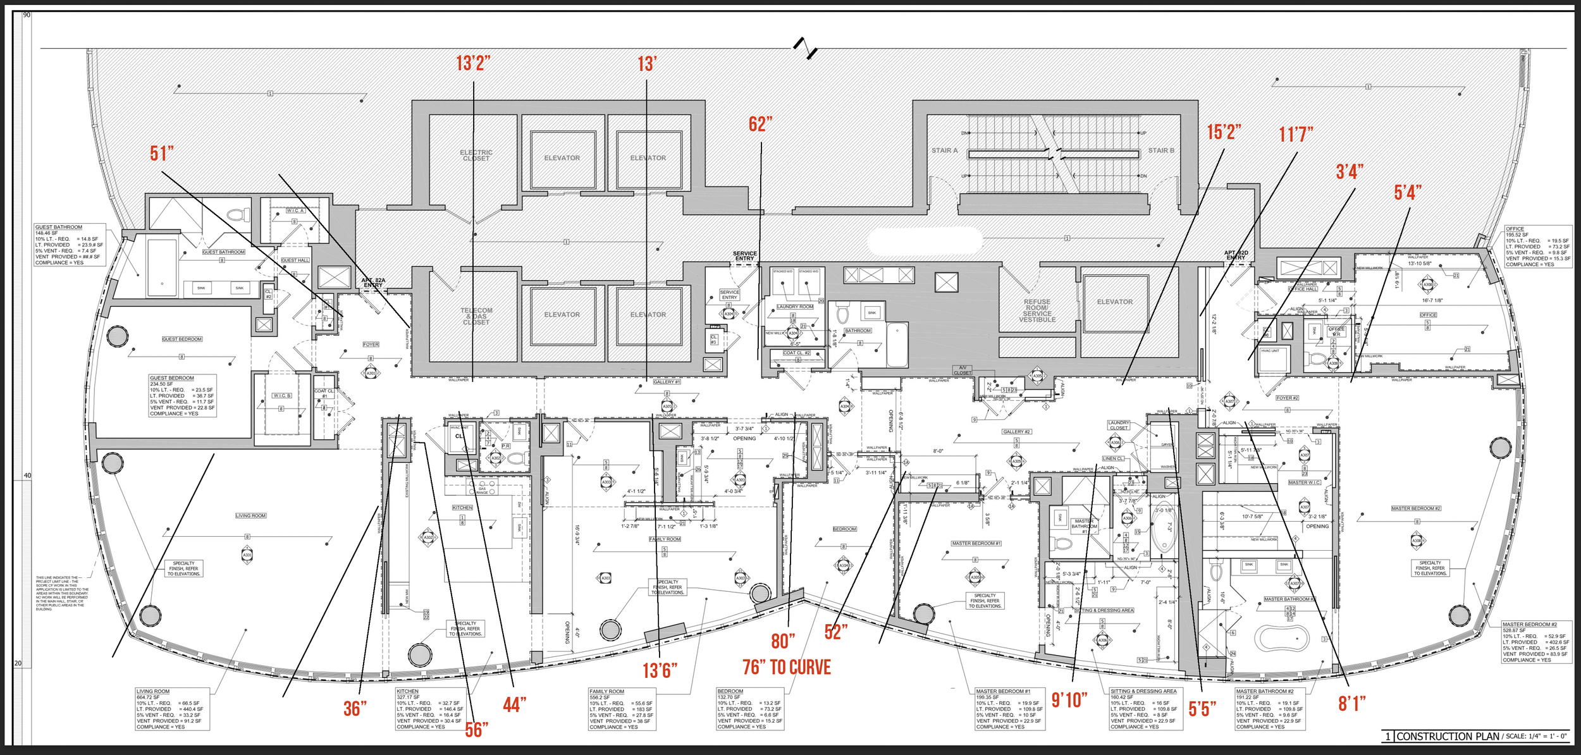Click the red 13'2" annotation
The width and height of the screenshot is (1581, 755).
click(x=473, y=63)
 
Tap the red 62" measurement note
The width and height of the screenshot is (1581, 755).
click(x=760, y=124)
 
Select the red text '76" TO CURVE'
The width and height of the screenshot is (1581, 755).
click(x=786, y=667)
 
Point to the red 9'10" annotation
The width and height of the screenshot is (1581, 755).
click(x=1069, y=699)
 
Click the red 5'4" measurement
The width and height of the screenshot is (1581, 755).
click(x=1408, y=192)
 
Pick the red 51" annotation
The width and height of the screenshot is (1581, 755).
click(x=162, y=153)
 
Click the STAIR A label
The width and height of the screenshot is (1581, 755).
click(x=944, y=150)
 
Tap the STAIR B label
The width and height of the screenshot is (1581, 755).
click(x=1161, y=150)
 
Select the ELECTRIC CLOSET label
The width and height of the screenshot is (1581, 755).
click(x=476, y=156)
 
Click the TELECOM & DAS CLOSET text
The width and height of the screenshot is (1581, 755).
click(x=476, y=316)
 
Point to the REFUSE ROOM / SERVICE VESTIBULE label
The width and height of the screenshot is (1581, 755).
click(x=1037, y=311)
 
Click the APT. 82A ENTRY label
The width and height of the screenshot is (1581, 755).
click(x=373, y=283)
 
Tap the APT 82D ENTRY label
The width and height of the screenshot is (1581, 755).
click(x=1236, y=255)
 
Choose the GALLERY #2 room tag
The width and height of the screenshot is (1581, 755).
click(x=1016, y=432)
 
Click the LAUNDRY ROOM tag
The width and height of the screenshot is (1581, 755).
click(x=795, y=307)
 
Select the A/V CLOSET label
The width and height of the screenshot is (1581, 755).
click(x=963, y=370)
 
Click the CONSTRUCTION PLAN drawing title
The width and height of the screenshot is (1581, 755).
click(x=1448, y=737)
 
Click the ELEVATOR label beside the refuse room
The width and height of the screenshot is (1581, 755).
click(x=1115, y=302)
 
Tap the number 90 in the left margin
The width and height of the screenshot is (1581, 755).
click(x=27, y=15)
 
